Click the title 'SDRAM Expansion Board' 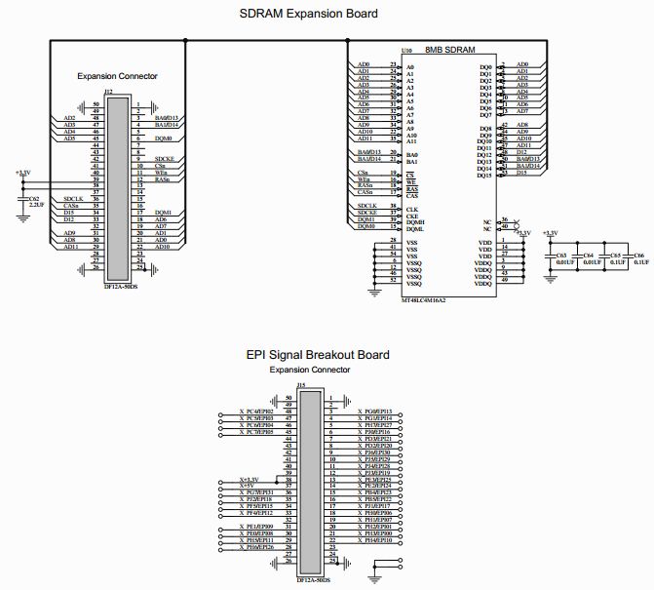pyautogui.click(x=309, y=14)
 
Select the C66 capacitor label pyautogui.click(x=641, y=255)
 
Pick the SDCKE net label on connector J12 pyautogui.click(x=164, y=159)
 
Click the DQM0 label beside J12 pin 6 pyautogui.click(x=163, y=138)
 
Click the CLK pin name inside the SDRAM pyautogui.click(x=411, y=210)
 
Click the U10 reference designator pyautogui.click(x=405, y=50)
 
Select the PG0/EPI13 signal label pyautogui.click(x=375, y=412)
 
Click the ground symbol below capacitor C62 pyautogui.click(x=24, y=219)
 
